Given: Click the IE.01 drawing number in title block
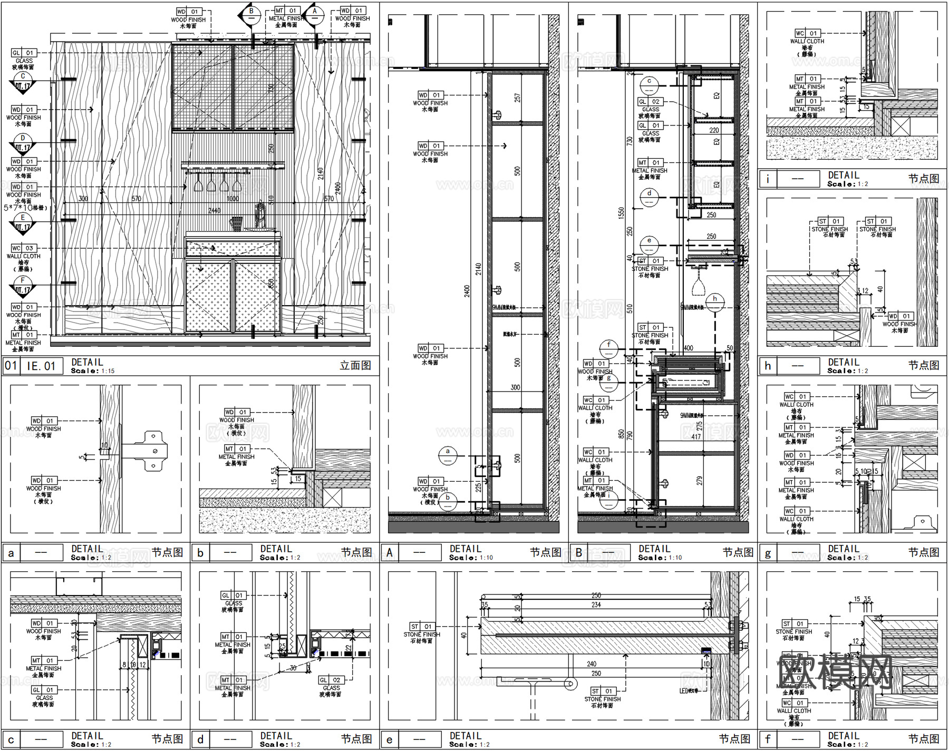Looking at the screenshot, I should click(41, 366).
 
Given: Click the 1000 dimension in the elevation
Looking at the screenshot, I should click(233, 199).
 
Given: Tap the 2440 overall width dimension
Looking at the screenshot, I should click(214, 210).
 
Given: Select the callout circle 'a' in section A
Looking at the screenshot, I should click(448, 455).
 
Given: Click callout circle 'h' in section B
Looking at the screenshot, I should click(715, 302).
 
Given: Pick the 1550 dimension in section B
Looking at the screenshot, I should click(621, 213).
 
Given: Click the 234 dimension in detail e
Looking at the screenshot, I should click(596, 604).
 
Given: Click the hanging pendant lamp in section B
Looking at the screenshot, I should click(699, 286).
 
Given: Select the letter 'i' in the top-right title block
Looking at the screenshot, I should click(768, 179).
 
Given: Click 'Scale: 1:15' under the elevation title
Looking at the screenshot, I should click(93, 371).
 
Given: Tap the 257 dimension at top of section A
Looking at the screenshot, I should click(517, 98).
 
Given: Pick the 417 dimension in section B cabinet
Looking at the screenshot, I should click(696, 436).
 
